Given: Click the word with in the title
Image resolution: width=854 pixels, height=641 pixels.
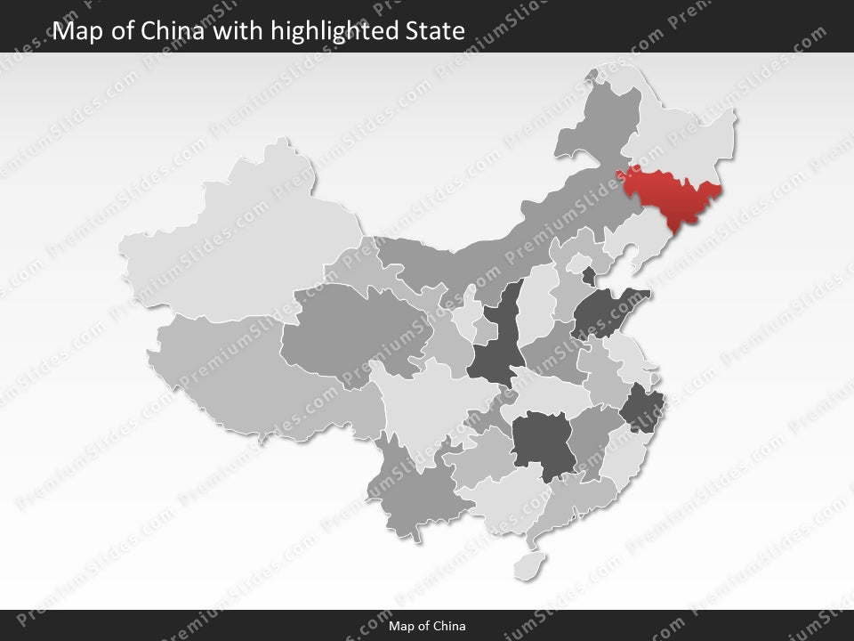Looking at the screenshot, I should click(x=238, y=31).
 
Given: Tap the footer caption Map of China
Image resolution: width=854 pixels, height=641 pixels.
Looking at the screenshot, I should click(x=427, y=626).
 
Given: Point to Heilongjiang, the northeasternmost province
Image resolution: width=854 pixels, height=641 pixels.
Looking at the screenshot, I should click(x=685, y=134).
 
